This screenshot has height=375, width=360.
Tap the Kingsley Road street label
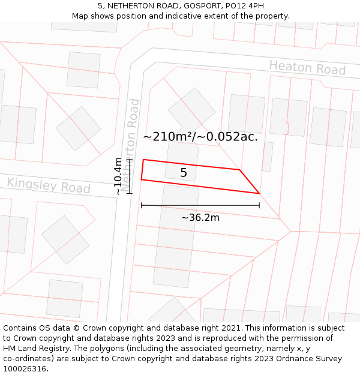48,185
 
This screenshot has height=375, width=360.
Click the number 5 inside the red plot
184,173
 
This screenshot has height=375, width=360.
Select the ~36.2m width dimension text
200,217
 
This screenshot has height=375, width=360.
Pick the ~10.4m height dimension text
119,176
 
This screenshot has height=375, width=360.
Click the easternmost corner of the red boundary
259,193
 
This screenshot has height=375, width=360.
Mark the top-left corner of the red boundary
143,160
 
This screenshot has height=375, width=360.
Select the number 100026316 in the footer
25,369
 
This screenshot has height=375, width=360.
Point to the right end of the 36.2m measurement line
259,205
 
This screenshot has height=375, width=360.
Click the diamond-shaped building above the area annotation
191,110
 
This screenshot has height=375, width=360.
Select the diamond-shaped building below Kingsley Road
65,239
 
